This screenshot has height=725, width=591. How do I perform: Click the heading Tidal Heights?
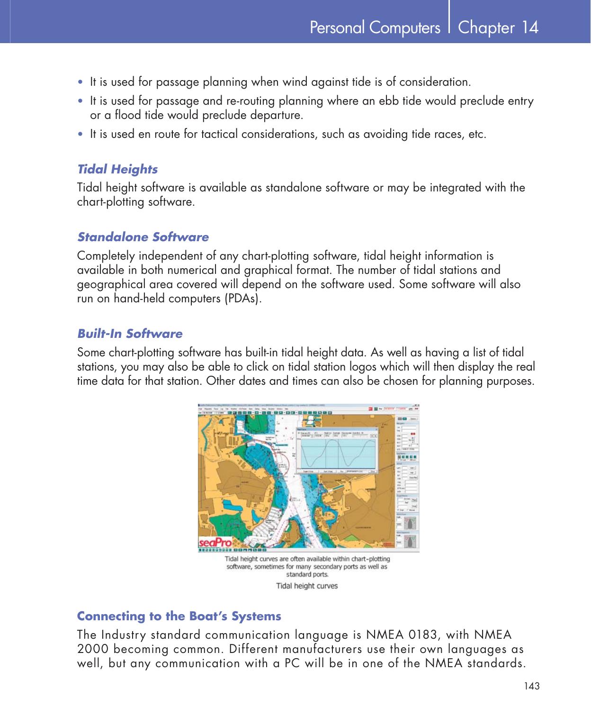pyautogui.click(x=117, y=169)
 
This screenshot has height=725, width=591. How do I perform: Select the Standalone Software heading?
pyautogui.click(x=143, y=237)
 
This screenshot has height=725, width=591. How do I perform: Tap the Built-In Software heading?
pyautogui.click(x=129, y=334)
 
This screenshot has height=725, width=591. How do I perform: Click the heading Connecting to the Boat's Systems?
pyautogui.click(x=179, y=616)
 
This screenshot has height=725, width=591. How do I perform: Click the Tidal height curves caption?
pyautogui.click(x=307, y=586)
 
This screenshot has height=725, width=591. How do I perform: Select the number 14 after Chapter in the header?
pyautogui.click(x=530, y=27)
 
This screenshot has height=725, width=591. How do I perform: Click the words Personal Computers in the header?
pyautogui.click(x=375, y=28)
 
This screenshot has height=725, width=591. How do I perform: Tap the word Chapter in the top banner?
pyautogui.click(x=486, y=28)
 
